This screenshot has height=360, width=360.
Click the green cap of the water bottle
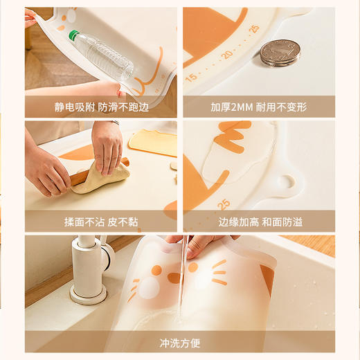[x=73, y=35]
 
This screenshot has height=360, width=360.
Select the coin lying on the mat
[x=280, y=52]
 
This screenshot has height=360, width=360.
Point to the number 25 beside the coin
[x=254, y=29]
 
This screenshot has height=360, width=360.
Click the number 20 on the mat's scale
[x=226, y=55]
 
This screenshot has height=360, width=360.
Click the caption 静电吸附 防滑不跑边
[x=102, y=107]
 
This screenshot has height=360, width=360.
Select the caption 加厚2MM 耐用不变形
[x=258, y=107]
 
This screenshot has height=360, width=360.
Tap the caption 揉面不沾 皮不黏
[x=102, y=222]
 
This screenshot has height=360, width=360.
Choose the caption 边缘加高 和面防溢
[x=258, y=222]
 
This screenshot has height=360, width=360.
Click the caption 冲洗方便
[x=179, y=342]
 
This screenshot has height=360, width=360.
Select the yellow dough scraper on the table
[x=153, y=142]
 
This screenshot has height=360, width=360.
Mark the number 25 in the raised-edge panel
[x=223, y=204]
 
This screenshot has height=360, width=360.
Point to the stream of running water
[x=179, y=284]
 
